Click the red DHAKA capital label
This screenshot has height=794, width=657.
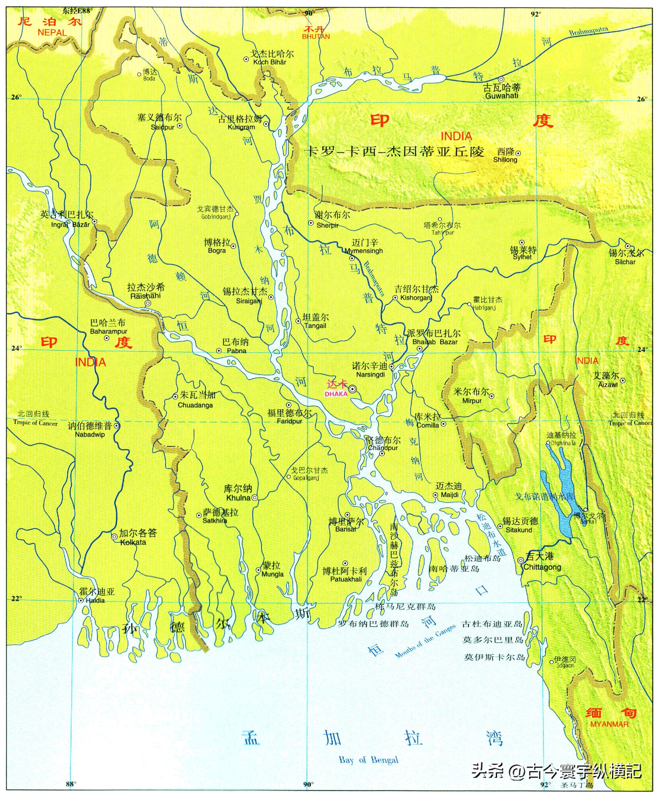(336, 394)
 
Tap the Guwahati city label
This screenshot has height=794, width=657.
(502, 96)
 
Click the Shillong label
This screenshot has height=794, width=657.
(505, 160)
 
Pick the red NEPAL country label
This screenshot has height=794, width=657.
(52, 33)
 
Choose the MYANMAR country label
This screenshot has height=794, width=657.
(609, 724)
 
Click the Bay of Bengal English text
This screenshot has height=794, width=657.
(368, 760)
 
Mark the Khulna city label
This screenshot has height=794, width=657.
(238, 498)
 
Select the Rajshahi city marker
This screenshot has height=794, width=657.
(148, 303)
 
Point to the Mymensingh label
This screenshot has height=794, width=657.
(364, 251)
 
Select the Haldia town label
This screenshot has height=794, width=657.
(95, 601)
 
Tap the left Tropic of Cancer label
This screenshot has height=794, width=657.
(35, 423)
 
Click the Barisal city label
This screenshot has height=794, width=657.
(345, 529)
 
